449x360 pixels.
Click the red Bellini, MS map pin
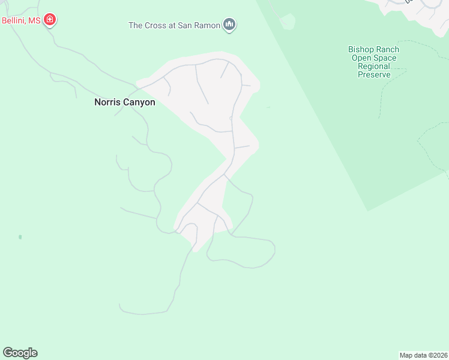[x=50, y=20]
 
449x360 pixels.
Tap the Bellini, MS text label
[x=20, y=20]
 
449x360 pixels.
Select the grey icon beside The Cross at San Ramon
[x=229, y=25]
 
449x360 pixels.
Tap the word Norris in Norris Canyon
[x=107, y=103]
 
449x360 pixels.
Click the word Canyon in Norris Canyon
[x=139, y=103]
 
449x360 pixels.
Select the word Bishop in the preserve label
[x=360, y=50]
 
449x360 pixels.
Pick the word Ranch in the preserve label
[x=388, y=50]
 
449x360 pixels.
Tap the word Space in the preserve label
[x=384, y=58]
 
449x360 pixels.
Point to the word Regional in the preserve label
[x=374, y=67]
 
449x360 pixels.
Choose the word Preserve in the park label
[x=374, y=75]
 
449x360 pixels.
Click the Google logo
[x=20, y=353]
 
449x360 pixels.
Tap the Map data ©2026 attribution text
[x=423, y=355]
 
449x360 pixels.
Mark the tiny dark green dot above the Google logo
[x=20, y=237]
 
